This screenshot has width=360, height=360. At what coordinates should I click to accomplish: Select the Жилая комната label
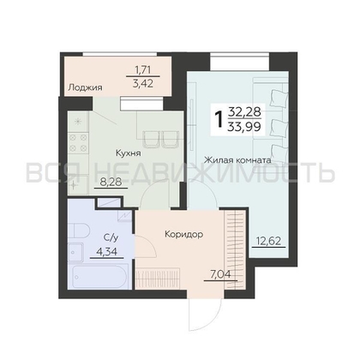[237, 159]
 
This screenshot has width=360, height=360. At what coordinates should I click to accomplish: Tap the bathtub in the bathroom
[93, 279]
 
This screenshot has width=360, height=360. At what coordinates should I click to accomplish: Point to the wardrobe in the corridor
[229, 241]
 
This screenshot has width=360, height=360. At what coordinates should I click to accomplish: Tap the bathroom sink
[110, 203]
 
